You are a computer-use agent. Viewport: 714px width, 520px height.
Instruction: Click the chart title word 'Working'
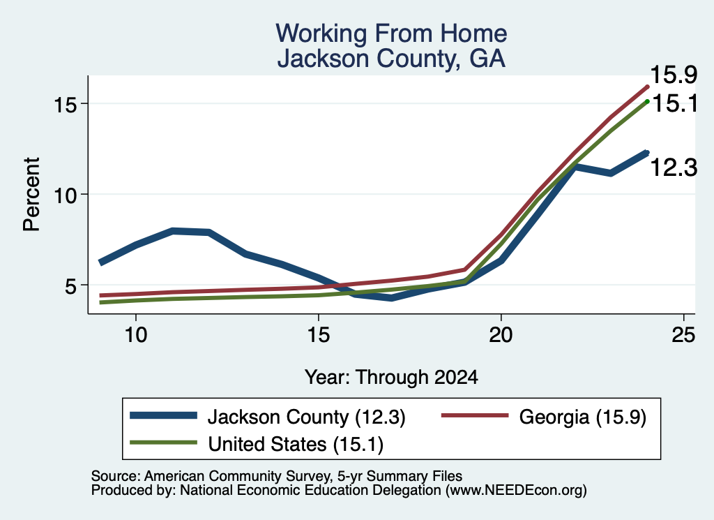[321, 34]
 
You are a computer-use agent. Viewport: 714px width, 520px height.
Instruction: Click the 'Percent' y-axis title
[31, 195]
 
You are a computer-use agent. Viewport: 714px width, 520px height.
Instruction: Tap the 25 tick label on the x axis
[683, 335]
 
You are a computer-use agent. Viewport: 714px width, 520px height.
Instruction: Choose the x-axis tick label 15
[318, 335]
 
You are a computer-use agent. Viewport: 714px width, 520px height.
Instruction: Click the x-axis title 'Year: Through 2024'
[391, 378]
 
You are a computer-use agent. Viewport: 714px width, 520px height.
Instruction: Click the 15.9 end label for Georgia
[674, 75]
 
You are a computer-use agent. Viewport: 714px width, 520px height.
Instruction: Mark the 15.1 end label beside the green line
[675, 103]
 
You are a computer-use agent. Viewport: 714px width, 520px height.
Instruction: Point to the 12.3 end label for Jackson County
[674, 168]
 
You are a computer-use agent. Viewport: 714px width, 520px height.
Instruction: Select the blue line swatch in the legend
[163, 415]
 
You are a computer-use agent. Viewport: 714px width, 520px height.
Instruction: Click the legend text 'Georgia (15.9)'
[582, 417]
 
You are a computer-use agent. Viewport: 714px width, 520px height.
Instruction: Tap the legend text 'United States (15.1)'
[296, 444]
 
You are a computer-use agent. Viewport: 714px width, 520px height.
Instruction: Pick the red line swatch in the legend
[475, 415]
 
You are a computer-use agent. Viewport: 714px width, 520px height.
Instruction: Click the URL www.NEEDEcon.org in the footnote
[516, 490]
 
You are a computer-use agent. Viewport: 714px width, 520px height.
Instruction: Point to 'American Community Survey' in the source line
[237, 476]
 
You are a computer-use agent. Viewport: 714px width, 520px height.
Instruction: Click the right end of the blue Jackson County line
[647, 153]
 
